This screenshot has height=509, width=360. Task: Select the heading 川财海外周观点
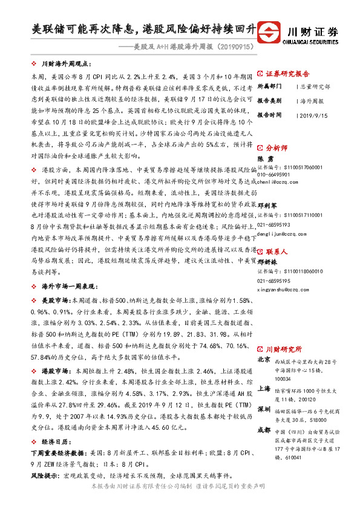[65, 63]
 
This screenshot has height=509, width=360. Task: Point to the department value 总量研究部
[315, 86]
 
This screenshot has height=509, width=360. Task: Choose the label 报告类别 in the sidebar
[269, 100]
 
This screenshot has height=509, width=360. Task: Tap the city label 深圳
[264, 409]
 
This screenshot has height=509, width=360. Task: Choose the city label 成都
[264, 430]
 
